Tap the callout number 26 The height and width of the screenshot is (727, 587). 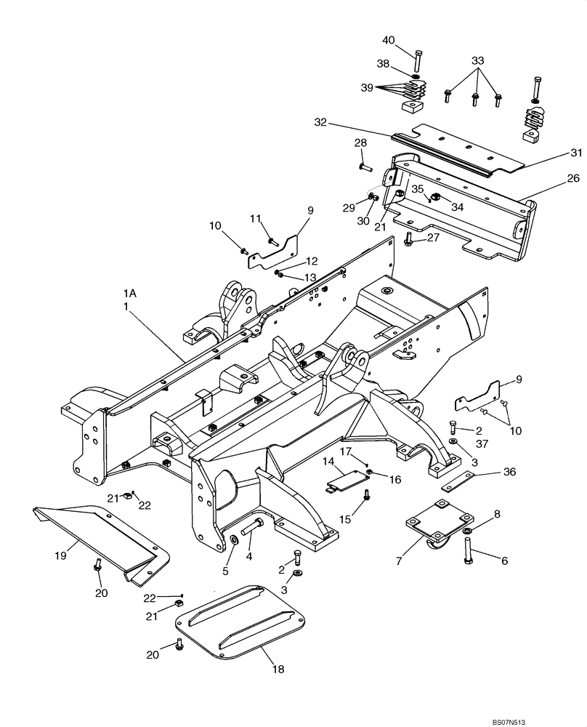click(x=553, y=177)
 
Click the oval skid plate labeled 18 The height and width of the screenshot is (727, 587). click(x=243, y=622)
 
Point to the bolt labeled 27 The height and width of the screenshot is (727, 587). click(x=409, y=238)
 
